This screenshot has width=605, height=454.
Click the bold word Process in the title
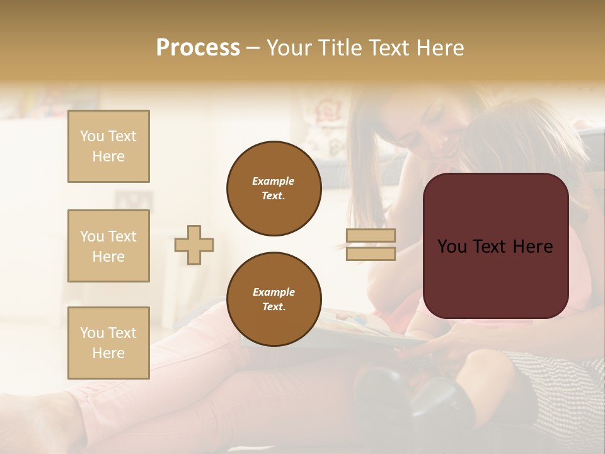198,48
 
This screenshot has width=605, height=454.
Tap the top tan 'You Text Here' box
108,146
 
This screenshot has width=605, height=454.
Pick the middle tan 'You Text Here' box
108,246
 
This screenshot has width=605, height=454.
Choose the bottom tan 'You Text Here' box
108,343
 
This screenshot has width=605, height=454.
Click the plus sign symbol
194,245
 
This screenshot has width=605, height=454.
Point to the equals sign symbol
371,245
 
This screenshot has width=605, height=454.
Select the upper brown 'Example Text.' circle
274,189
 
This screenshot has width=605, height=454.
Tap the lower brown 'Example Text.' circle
274,300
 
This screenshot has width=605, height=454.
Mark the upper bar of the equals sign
371,236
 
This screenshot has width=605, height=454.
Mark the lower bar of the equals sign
371,253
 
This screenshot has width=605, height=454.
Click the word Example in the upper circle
274,182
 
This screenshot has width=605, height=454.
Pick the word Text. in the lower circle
274,307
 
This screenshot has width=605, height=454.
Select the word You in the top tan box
92,136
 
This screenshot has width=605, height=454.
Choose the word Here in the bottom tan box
108,353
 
